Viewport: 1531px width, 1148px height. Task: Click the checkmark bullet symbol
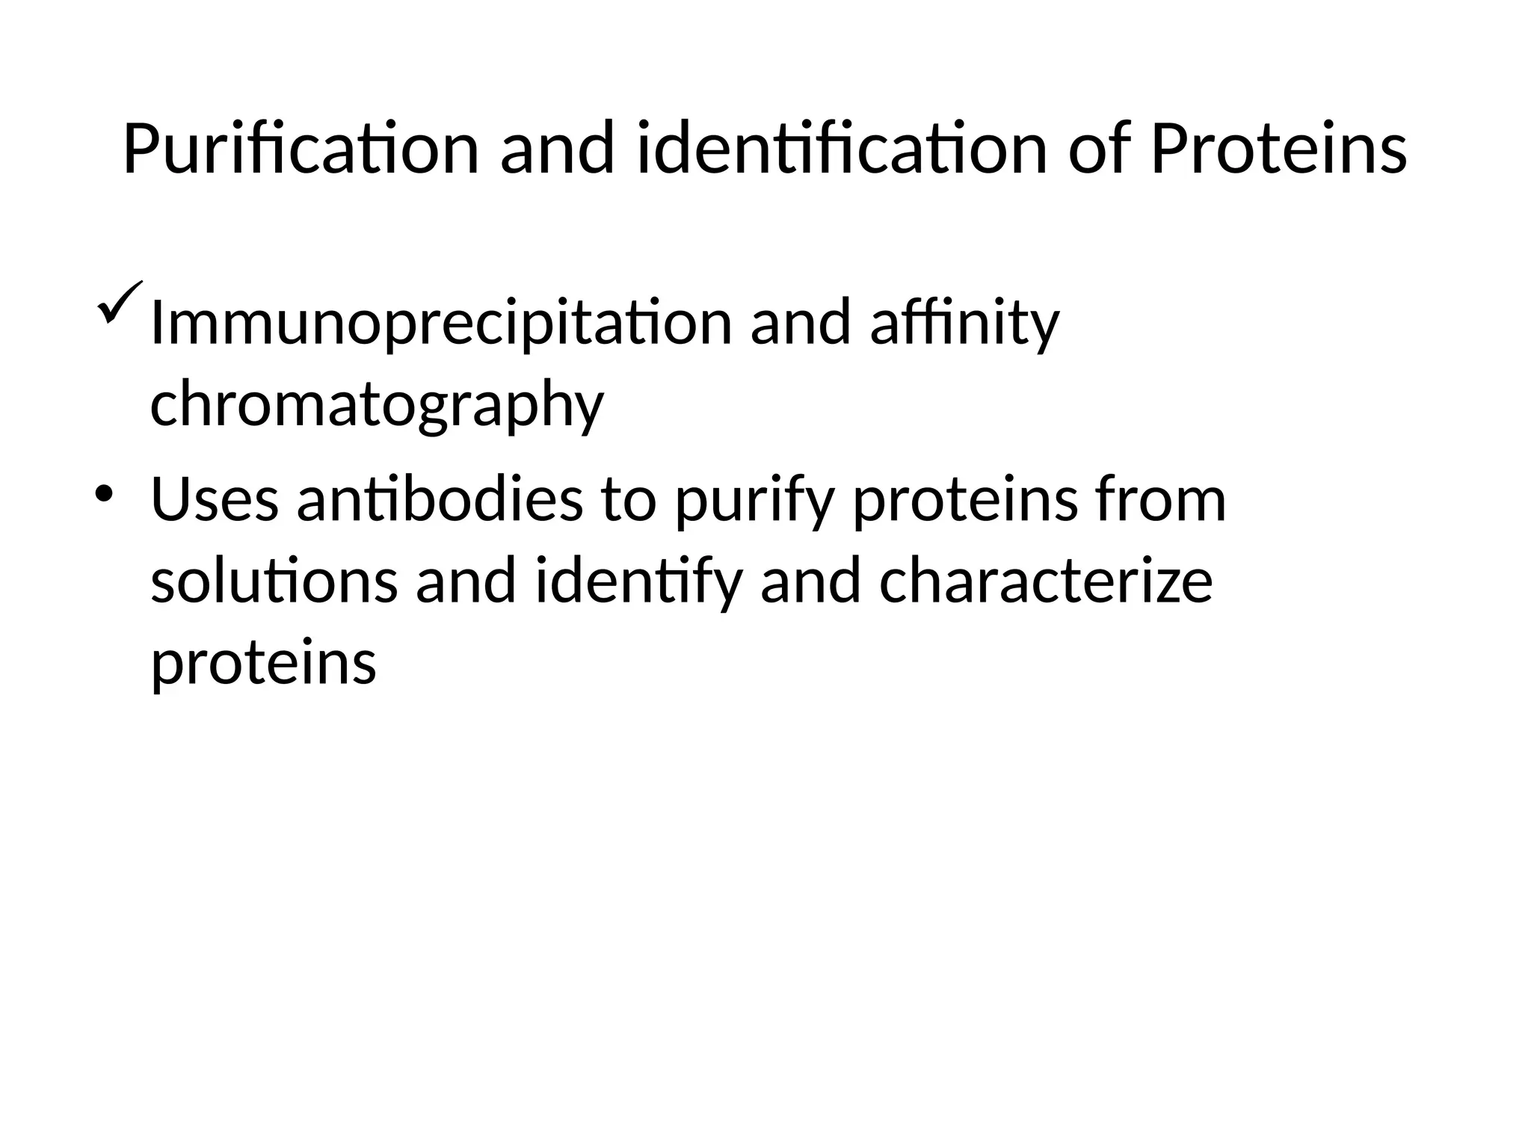(x=118, y=302)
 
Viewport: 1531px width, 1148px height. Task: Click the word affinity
(x=964, y=324)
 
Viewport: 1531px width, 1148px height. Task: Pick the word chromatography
(x=377, y=404)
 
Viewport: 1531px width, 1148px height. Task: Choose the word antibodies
(x=440, y=500)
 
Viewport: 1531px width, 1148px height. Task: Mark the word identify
(x=639, y=583)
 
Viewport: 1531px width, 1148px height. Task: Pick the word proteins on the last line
(x=264, y=664)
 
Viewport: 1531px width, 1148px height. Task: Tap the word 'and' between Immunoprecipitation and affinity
(x=801, y=324)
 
